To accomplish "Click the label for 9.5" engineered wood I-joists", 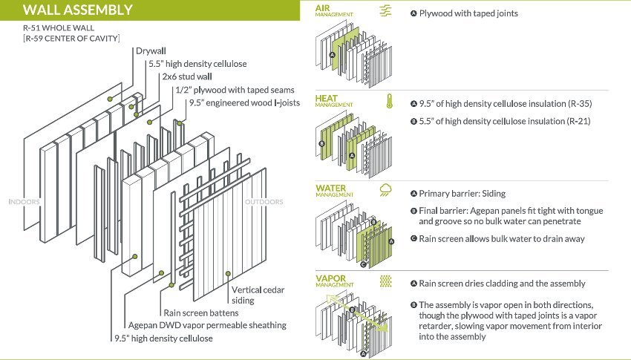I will (x=244, y=102).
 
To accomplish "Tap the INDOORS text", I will (x=24, y=201).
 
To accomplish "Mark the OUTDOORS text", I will (x=264, y=201).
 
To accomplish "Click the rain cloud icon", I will (x=387, y=191).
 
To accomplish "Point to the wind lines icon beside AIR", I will (x=386, y=10).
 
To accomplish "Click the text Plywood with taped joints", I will (x=468, y=13).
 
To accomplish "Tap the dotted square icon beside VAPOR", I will (x=386, y=281).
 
